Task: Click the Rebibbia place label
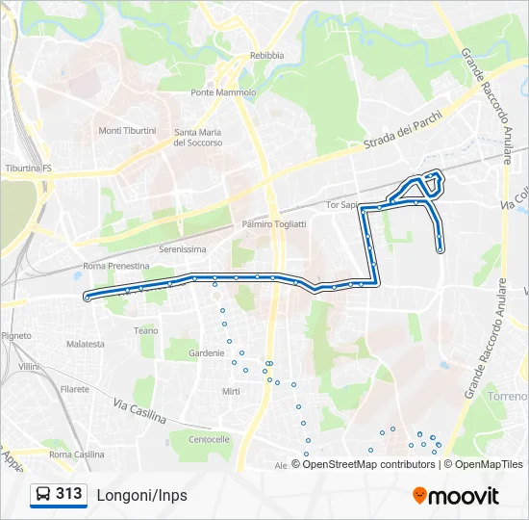click(266, 56)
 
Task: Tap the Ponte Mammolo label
click(223, 93)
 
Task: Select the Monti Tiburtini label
click(127, 131)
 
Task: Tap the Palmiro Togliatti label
click(274, 224)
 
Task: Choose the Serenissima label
click(183, 248)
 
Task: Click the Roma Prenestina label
click(116, 266)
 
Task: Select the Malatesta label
click(86, 344)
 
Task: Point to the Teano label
click(146, 330)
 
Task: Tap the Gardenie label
click(207, 353)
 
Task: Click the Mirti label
click(231, 391)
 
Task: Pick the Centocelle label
click(209, 439)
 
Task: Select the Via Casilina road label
click(139, 412)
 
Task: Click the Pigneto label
click(16, 336)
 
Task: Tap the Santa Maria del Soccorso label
click(198, 138)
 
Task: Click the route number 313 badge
click(59, 494)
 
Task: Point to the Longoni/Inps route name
click(141, 495)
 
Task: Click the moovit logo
click(456, 496)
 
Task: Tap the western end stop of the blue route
click(88, 298)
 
